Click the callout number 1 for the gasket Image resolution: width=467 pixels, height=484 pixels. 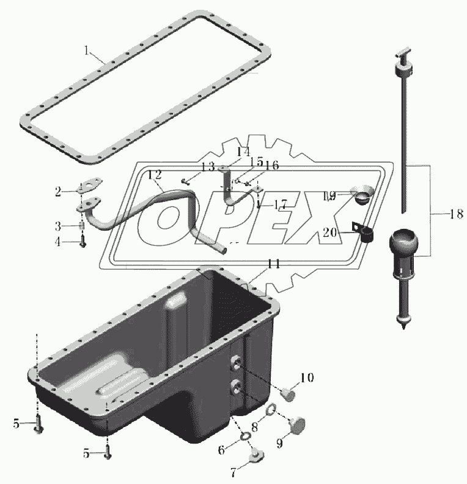(x=87, y=51)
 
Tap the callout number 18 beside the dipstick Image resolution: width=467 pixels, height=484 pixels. (x=456, y=214)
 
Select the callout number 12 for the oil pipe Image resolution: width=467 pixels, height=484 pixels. (x=155, y=175)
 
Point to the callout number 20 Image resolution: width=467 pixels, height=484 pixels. (x=329, y=232)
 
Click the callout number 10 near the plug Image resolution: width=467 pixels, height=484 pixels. (x=307, y=377)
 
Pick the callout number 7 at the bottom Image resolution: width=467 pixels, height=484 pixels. (x=233, y=472)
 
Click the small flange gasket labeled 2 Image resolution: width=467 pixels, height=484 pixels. (x=89, y=186)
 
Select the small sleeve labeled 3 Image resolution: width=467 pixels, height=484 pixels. (x=82, y=226)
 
